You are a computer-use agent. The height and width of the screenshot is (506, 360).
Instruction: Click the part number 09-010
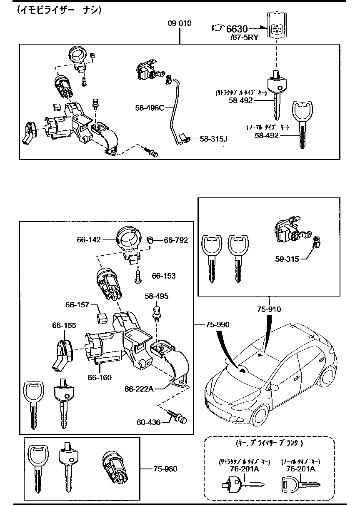click(180, 23)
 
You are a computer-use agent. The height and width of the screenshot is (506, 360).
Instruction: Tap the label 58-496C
click(150, 108)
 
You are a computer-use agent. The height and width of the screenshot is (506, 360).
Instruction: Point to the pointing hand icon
click(218, 28)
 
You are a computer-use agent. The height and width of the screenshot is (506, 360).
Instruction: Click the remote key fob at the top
click(276, 26)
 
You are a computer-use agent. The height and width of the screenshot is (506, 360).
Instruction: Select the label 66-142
click(89, 240)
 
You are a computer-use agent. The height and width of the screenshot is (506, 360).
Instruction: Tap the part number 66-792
click(175, 240)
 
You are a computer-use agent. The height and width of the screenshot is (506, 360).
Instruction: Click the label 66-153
click(163, 276)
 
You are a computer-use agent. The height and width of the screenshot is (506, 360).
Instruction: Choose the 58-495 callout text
click(157, 296)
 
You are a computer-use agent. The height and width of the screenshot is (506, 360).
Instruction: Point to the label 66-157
click(77, 305)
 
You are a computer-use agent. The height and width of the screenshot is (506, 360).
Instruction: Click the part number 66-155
click(64, 325)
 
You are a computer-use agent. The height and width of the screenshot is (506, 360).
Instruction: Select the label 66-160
click(100, 377)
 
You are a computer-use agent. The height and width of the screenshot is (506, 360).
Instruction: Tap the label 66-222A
click(139, 389)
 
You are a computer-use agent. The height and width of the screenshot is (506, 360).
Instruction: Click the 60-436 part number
click(148, 422)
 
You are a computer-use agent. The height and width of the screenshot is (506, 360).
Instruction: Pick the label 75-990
click(217, 324)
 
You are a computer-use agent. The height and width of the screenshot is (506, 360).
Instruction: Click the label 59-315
click(287, 259)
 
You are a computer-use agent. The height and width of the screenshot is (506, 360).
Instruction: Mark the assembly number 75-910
click(269, 309)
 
